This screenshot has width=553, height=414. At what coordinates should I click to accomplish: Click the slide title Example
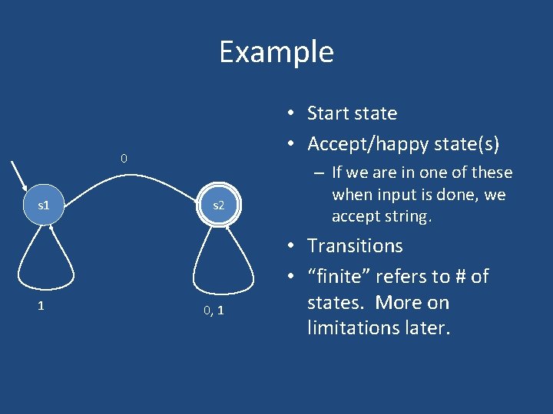coord(276,52)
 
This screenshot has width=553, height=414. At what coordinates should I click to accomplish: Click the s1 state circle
coord(44,205)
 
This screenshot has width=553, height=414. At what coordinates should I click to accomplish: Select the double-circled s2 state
coord(219,205)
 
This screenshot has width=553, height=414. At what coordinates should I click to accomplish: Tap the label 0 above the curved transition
coord(123,159)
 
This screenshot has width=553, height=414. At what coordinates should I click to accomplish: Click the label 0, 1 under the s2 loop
coord(214,310)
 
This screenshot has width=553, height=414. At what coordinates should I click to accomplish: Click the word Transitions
coord(355,246)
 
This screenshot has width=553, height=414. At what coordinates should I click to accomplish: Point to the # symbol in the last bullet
coord(449,276)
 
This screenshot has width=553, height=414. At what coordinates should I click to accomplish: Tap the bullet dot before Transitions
coord(294,247)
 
